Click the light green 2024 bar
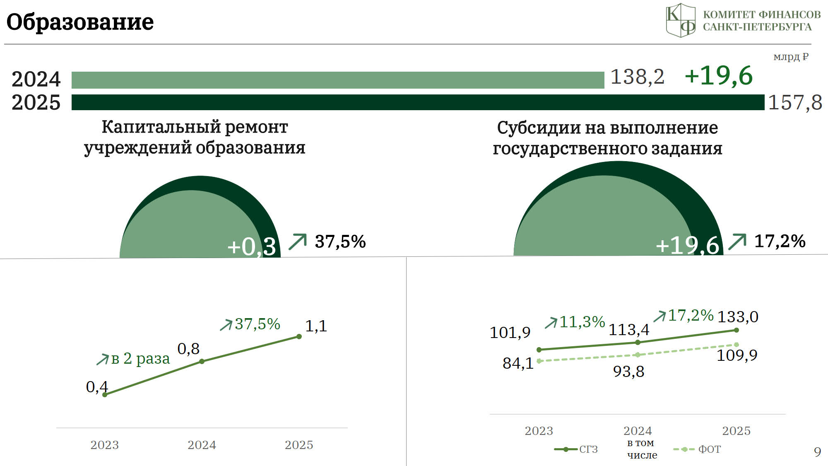(338, 80)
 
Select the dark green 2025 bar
(418, 102)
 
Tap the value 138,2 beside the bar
(638, 77)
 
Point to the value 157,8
(795, 102)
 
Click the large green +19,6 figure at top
(719, 76)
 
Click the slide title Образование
(80, 22)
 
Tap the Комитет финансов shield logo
(681, 20)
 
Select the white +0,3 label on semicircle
(252, 246)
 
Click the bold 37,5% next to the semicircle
(340, 241)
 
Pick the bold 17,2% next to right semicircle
(780, 241)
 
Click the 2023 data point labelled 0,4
(105, 395)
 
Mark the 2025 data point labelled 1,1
(299, 337)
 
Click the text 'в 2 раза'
(140, 358)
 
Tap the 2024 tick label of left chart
(202, 445)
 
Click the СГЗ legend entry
(576, 449)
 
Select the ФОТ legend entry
(697, 449)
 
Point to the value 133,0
(738, 317)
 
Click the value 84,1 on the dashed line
(518, 363)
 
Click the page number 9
(817, 452)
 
